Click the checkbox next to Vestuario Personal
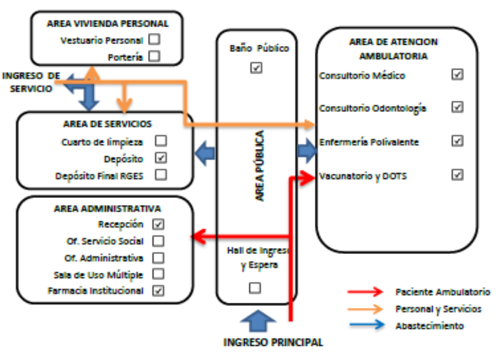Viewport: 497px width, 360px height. pyautogui.click(x=154, y=40)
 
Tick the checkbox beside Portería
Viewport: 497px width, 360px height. pyautogui.click(x=154, y=57)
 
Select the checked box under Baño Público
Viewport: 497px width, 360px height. pyautogui.click(x=256, y=68)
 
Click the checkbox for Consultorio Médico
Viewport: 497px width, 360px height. pyautogui.click(x=457, y=75)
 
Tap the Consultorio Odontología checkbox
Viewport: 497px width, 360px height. pyautogui.click(x=457, y=107)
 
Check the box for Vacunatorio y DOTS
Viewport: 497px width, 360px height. pyautogui.click(x=457, y=174)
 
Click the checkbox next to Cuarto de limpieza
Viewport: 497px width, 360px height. pyautogui.click(x=160, y=141)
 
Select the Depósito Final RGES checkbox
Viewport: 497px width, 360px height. pyautogui.click(x=160, y=174)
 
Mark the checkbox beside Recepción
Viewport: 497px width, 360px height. pyautogui.click(x=158, y=224)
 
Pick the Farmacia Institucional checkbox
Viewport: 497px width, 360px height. pyautogui.click(x=158, y=290)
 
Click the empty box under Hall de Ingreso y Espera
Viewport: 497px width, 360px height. pyautogui.click(x=255, y=288)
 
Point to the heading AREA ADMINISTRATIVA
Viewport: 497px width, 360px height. pyautogui.click(x=107, y=209)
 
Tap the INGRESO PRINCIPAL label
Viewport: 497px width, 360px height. pyautogui.click(x=273, y=342)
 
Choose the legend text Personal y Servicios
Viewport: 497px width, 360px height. pyautogui.click(x=438, y=308)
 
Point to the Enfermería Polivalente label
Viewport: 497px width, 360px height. pyautogui.click(x=368, y=142)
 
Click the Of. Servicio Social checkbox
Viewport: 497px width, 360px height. pyautogui.click(x=158, y=240)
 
